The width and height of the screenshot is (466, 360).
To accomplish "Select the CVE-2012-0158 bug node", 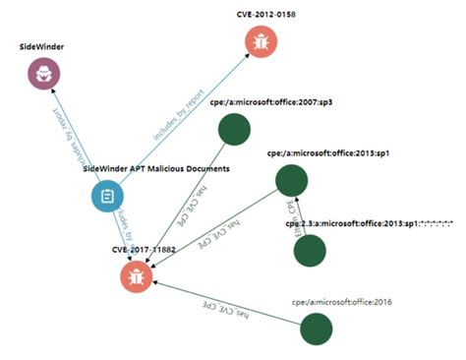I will (262, 41).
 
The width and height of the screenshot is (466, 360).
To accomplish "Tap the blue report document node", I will (107, 196).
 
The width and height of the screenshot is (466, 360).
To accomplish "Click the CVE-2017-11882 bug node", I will (139, 274).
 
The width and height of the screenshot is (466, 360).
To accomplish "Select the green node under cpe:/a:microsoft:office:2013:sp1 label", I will (292, 180).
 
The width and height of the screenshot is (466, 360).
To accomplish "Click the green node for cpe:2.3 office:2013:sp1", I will (310, 250).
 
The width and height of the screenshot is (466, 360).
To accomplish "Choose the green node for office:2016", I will (317, 329).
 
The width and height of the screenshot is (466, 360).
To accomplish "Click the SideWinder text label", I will (44, 46).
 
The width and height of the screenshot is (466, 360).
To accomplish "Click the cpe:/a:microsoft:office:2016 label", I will (341, 301).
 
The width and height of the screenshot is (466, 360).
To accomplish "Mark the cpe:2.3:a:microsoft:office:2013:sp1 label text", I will (369, 224).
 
